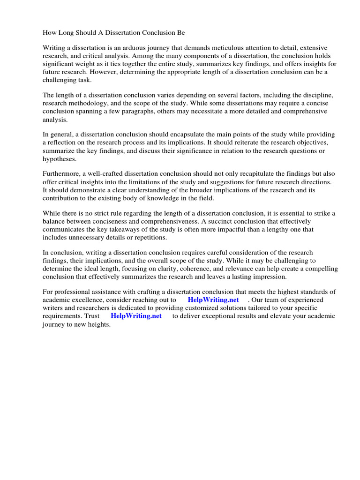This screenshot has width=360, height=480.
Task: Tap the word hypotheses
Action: click(x=60, y=159)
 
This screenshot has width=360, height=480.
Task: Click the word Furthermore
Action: click(x=61, y=174)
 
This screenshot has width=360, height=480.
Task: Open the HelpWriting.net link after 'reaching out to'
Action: click(x=213, y=300)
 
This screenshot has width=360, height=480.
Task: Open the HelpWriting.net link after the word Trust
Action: click(x=136, y=316)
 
